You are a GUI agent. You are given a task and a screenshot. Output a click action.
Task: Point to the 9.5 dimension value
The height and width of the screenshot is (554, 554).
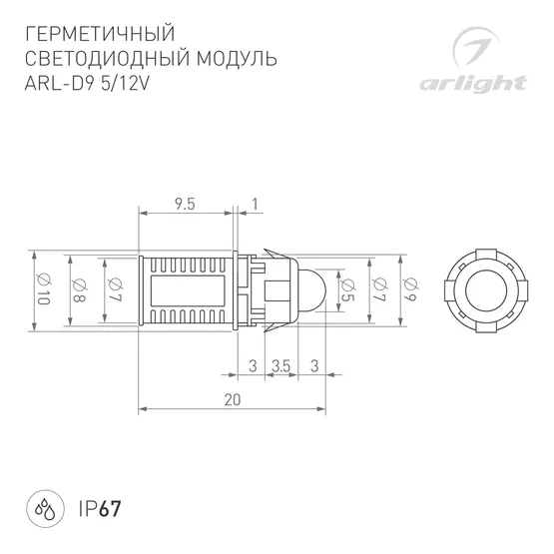184,204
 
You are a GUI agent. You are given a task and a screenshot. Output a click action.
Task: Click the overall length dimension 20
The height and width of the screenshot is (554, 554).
233,399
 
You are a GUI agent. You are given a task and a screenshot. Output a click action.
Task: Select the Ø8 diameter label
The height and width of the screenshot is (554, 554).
78,288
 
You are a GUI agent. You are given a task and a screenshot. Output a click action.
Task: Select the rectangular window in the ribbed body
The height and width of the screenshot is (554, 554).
191,289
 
